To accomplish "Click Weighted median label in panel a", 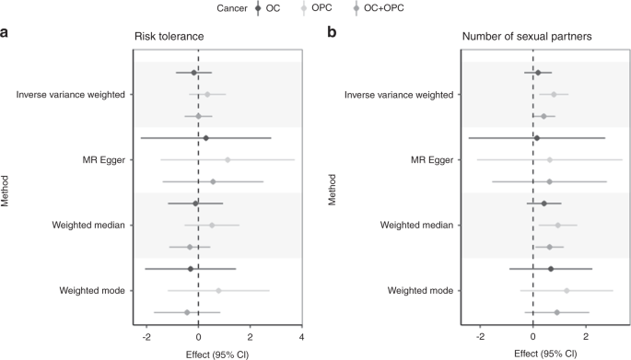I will [88, 225].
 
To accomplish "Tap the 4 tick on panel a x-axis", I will [302, 336].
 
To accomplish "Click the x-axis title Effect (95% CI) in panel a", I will [217, 353].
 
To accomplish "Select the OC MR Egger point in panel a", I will [205, 138].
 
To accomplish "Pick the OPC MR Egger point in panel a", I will [228, 159].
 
